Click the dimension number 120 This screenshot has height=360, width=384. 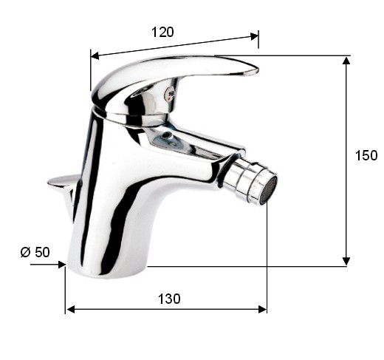point(162,32)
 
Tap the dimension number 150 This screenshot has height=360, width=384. point(366,155)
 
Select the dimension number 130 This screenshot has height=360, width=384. point(169,299)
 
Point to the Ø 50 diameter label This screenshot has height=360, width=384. point(35,252)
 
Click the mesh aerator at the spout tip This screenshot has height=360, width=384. point(270,190)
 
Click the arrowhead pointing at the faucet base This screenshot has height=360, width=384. point(61,265)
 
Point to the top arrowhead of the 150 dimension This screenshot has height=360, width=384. point(346,61)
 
